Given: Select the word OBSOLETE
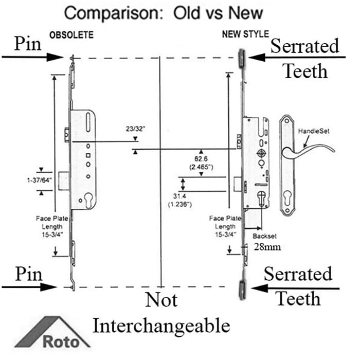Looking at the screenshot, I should click(x=71, y=35).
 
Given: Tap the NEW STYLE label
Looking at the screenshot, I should click(x=245, y=35).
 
